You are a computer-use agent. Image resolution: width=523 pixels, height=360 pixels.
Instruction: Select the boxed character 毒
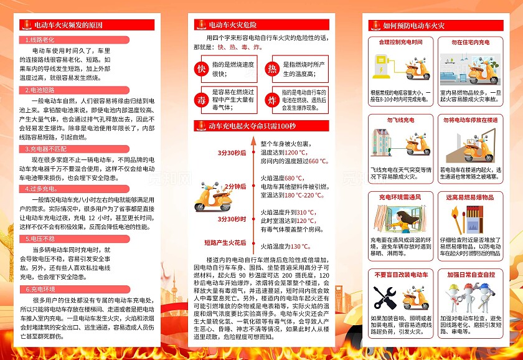(x=201, y=100)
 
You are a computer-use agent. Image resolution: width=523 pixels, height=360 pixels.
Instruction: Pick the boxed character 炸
(x=272, y=100)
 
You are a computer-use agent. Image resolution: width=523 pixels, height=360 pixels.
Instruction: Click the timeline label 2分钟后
(x=235, y=186)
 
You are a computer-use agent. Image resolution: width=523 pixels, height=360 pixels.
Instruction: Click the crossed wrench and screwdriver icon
(x=389, y=298)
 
